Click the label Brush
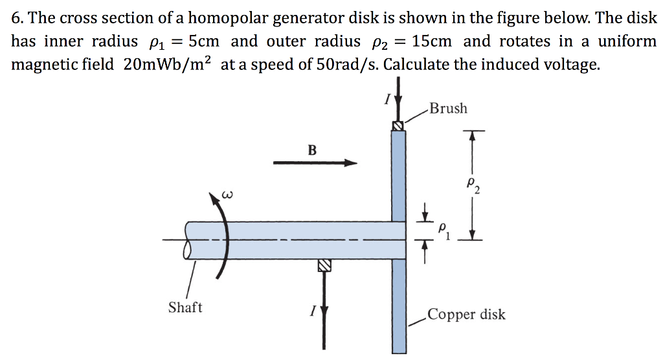(448, 108)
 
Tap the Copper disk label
(466, 315)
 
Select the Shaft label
(185, 307)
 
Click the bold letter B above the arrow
(312, 150)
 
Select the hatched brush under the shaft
(324, 265)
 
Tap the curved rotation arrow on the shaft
(223, 233)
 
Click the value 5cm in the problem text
(199, 42)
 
